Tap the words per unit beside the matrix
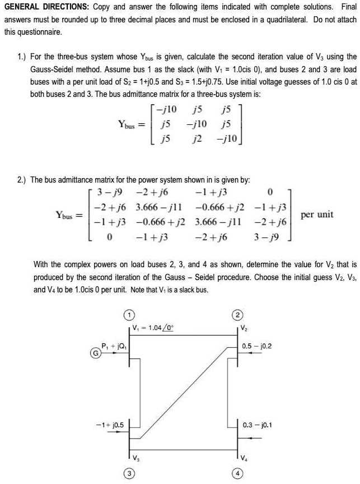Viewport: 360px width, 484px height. coord(317,215)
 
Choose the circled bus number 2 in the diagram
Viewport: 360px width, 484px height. coord(237,313)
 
